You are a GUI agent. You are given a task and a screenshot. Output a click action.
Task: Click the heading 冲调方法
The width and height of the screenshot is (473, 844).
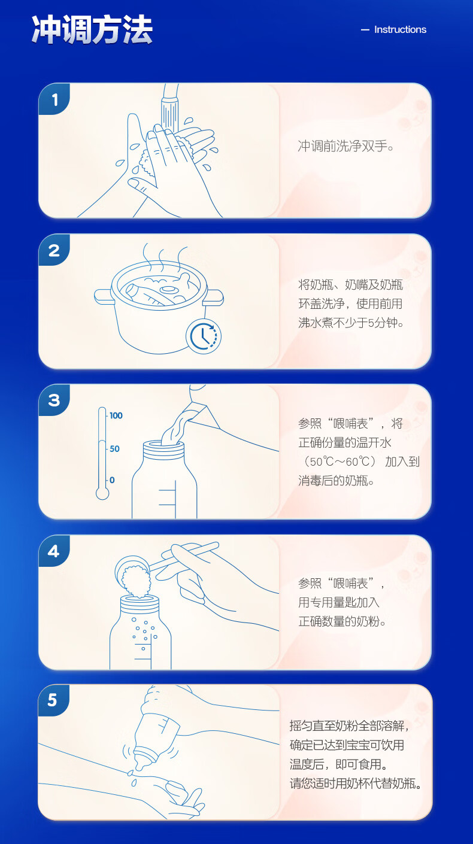coord(92,30)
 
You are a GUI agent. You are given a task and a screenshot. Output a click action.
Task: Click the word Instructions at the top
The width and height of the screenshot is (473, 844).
coord(400,29)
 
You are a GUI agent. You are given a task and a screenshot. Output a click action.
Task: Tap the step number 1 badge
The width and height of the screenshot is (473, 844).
coord(54,99)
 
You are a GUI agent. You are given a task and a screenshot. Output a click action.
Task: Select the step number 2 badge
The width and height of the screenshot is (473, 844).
coord(54,250)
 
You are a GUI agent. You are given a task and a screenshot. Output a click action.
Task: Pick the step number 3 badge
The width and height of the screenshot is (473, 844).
coord(54,400)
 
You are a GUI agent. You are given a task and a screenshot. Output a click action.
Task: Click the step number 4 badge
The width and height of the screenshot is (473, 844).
coord(54,551)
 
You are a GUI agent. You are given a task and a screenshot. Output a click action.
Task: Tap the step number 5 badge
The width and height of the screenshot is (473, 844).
coord(53,700)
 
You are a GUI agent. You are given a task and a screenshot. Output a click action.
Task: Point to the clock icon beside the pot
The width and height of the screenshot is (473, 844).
coord(204,336)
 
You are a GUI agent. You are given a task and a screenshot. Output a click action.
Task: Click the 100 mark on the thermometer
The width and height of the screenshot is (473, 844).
coord(116,415)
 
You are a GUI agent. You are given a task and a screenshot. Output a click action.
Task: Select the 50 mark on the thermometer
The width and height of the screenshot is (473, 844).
coord(114,449)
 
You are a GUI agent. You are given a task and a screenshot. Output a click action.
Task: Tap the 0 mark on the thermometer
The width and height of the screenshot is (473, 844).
coord(112,480)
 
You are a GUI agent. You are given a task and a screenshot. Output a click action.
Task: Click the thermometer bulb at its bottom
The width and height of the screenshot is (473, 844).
coord(102,494)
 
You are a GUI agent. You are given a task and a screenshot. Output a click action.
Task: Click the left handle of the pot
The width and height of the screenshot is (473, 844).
coord(103,296)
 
